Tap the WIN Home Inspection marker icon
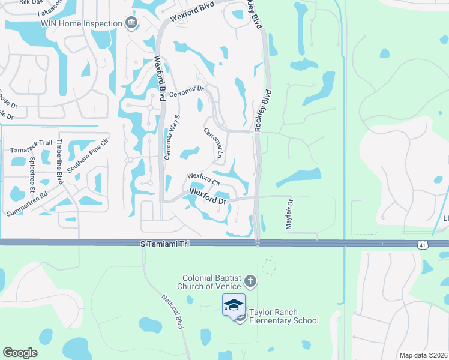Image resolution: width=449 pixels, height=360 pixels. pyautogui.click(x=131, y=23)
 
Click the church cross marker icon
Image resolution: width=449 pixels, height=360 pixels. pyautogui.click(x=251, y=281)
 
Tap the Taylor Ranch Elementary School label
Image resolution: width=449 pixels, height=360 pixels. pyautogui.click(x=284, y=320)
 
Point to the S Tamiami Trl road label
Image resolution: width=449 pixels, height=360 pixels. pyautogui.click(x=164, y=242)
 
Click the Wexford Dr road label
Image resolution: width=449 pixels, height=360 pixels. pyautogui.click(x=208, y=196)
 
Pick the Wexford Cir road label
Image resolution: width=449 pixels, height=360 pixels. pyautogui.click(x=205, y=179)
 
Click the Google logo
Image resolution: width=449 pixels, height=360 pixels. pyautogui.click(x=20, y=353)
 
